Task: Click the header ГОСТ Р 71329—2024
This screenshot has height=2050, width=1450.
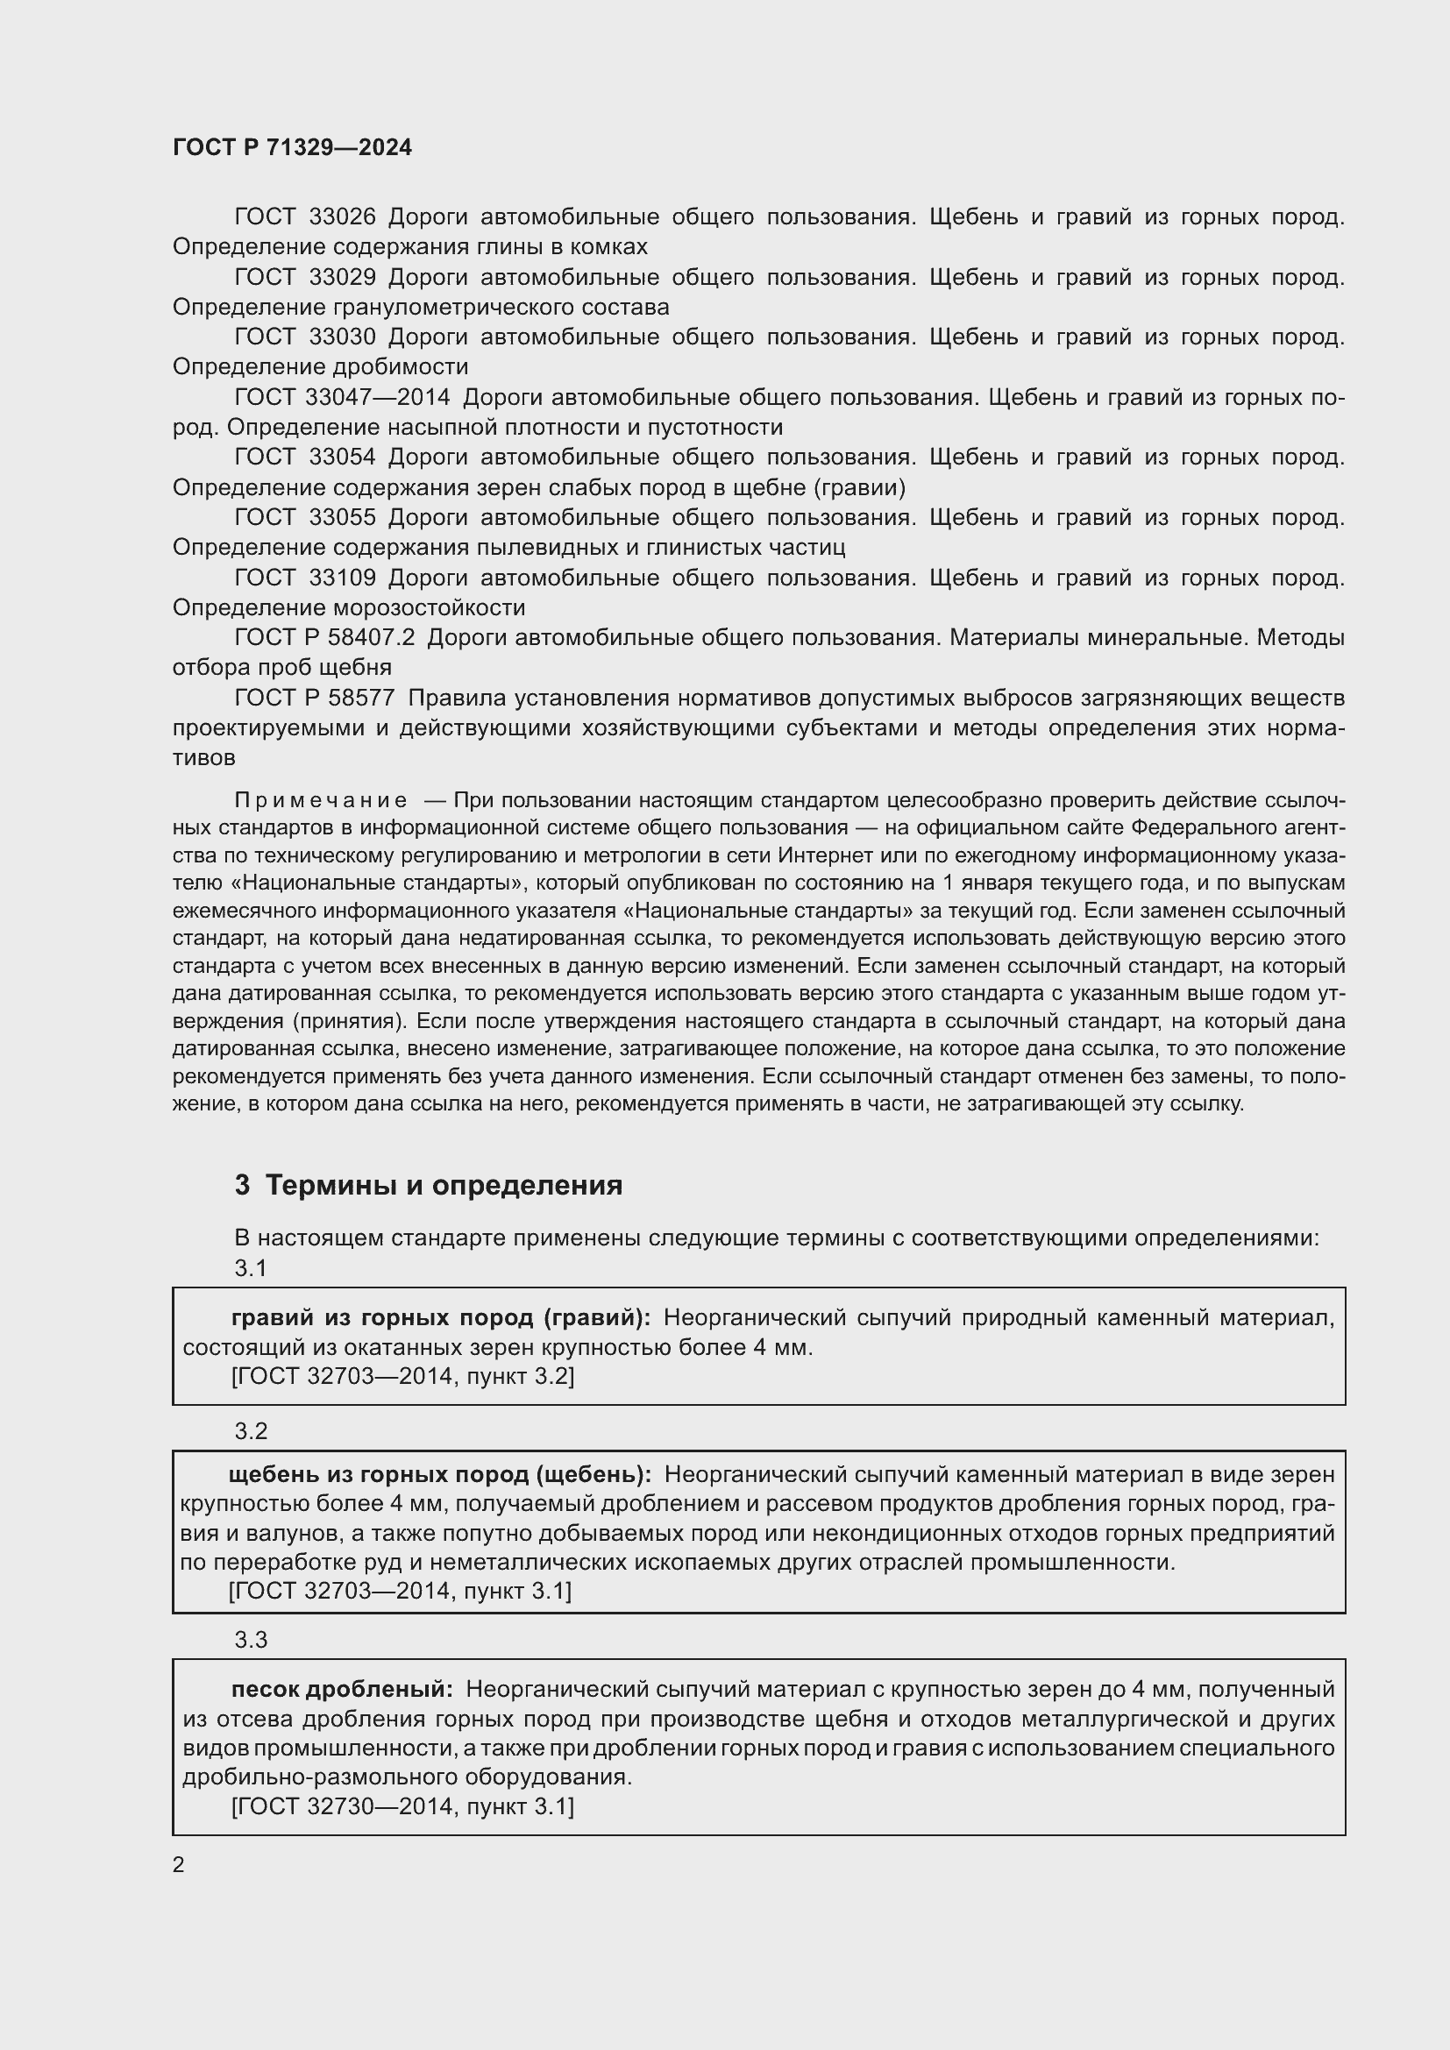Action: pos(292,148)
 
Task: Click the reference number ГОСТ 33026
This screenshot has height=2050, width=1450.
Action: pos(304,217)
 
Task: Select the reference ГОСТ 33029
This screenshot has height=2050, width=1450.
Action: pos(304,278)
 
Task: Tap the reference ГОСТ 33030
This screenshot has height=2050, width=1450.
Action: pos(304,337)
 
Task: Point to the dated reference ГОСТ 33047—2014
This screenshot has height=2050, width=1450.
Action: pos(342,397)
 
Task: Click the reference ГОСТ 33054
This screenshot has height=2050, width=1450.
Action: pos(304,458)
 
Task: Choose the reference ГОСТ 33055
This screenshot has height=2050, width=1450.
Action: pos(304,518)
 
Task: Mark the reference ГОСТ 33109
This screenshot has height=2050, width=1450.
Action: pos(304,578)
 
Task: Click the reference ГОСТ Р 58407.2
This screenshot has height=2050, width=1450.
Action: pos(325,637)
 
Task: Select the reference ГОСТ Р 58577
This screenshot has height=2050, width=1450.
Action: pos(315,698)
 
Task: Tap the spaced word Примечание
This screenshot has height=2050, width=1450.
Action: pos(321,800)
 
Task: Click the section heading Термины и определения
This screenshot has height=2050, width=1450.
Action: pos(444,1185)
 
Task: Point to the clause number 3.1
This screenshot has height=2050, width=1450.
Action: pos(251,1268)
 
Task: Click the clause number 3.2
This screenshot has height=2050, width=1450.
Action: pos(251,1431)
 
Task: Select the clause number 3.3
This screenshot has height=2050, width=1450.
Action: pos(251,1639)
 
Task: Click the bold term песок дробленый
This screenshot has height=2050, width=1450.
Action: pos(342,1688)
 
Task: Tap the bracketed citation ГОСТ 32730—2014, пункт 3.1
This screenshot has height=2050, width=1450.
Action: pos(402,1806)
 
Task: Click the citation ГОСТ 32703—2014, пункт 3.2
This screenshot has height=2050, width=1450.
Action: pos(402,1376)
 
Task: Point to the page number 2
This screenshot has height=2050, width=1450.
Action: pos(179,1865)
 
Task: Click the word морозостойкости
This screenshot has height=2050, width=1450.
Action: pos(429,608)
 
